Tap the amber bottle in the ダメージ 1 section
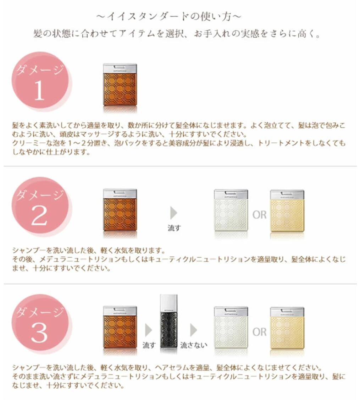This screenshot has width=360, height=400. pyautogui.click(x=120, y=85)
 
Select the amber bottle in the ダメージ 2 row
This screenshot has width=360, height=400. pyautogui.click(x=120, y=210)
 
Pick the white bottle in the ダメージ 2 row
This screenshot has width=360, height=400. pyautogui.click(x=231, y=210)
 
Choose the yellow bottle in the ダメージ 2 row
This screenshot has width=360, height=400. pyautogui.click(x=287, y=210)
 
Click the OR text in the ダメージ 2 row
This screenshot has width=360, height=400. pyautogui.click(x=259, y=215)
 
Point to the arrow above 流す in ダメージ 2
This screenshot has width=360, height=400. pyautogui.click(x=174, y=213)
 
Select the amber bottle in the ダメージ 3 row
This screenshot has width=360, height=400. pyautogui.click(x=120, y=327)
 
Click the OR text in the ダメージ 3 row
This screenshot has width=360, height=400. pyautogui.click(x=259, y=332)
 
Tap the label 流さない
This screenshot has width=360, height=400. pyautogui.click(x=194, y=345)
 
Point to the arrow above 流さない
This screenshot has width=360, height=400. pyautogui.click(x=193, y=330)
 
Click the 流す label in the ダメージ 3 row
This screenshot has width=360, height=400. pyautogui.click(x=149, y=345)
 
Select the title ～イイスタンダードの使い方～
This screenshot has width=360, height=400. pyautogui.click(x=169, y=16)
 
